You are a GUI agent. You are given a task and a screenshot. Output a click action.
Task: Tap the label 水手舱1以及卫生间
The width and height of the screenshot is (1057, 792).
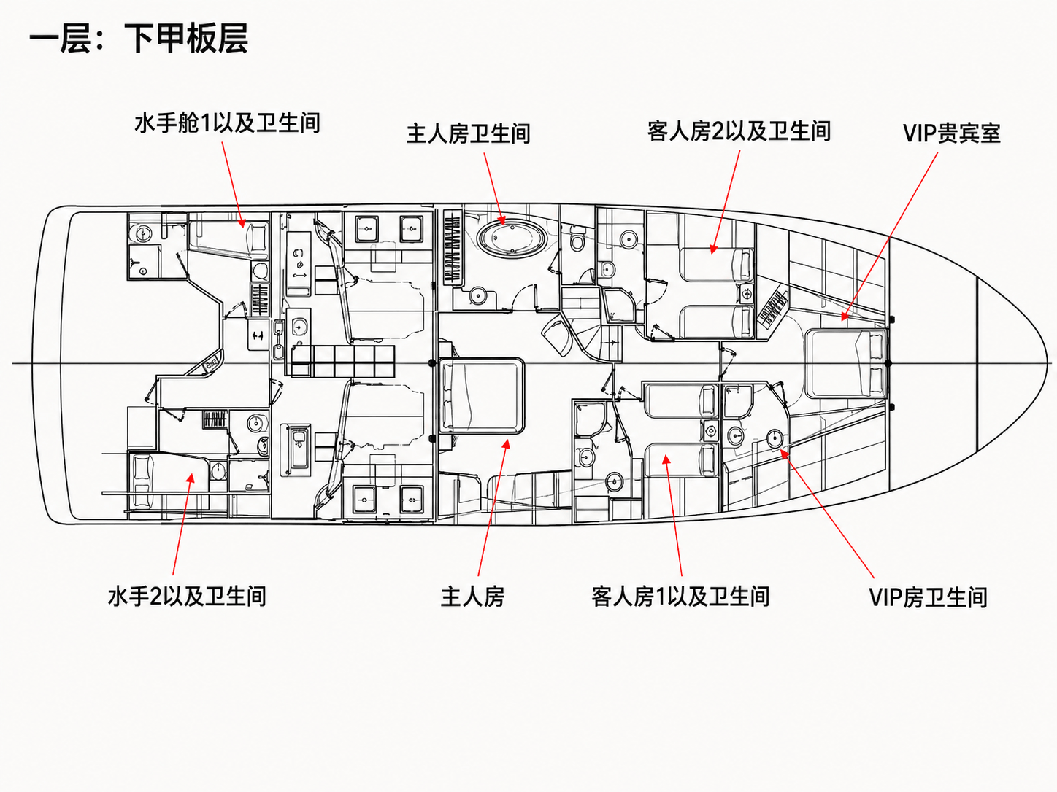pyautogui.click(x=227, y=123)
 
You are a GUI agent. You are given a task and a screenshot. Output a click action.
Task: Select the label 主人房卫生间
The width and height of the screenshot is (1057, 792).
pyautogui.click(x=468, y=133)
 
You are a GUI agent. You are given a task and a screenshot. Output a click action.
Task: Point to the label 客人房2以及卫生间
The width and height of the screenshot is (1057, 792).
pyautogui.click(x=739, y=131)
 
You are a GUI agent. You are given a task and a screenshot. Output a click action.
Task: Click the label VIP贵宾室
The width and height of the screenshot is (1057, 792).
pyautogui.click(x=952, y=133)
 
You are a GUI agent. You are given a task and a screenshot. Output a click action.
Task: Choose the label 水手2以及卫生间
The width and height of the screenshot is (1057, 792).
pyautogui.click(x=187, y=597)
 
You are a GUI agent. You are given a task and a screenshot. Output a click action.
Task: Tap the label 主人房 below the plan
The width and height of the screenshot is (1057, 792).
pyautogui.click(x=472, y=597)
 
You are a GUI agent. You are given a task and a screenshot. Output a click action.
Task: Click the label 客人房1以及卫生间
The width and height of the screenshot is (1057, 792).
pyautogui.click(x=680, y=597)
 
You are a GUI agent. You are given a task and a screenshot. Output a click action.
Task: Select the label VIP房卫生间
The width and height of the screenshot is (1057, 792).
pyautogui.click(x=928, y=597)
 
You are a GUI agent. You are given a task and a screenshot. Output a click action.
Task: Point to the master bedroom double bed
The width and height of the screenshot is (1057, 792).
pyautogui.click(x=483, y=395)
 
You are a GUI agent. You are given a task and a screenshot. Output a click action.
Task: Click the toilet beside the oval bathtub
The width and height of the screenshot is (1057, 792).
pyautogui.click(x=577, y=241)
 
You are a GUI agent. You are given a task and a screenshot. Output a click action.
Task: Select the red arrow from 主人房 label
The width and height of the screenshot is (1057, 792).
pyautogui.click(x=493, y=508)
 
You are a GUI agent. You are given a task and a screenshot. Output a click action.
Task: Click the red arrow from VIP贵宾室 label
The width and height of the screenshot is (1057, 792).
pyautogui.click(x=889, y=236)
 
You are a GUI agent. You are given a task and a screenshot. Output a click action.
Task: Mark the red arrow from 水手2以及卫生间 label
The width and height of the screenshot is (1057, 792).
pyautogui.click(x=183, y=524)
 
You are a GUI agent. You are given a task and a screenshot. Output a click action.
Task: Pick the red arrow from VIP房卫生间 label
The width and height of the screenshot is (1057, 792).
pyautogui.click(x=827, y=513)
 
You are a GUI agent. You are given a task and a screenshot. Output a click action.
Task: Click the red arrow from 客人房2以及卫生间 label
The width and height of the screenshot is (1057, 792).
pyautogui.click(x=725, y=202)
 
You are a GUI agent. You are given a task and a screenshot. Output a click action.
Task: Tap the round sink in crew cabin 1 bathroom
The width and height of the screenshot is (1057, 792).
pyautogui.click(x=144, y=234)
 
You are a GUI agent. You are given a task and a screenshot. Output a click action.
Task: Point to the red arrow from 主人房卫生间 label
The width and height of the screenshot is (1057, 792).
pyautogui.click(x=494, y=189)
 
